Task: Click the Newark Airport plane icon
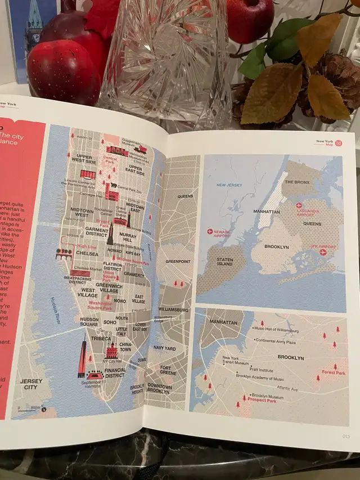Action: click(210, 231)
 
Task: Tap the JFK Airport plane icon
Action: click(323, 252)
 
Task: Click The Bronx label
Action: click(298, 182)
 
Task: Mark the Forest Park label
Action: click(333, 373)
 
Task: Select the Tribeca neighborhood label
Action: click(101, 339)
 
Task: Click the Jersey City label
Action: click(31, 384)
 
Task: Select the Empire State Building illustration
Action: click(110, 234)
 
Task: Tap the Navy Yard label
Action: click(164, 348)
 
